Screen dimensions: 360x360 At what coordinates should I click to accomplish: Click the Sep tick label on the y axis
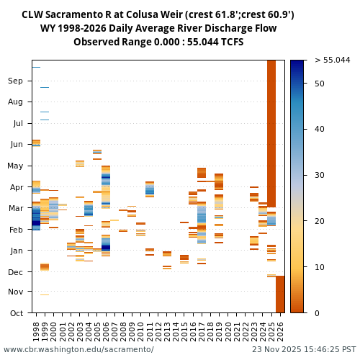click(15, 81)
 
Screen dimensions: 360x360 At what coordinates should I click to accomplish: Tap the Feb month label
click(15, 229)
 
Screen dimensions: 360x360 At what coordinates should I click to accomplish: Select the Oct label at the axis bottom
click(15, 312)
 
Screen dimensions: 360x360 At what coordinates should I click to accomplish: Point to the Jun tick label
click(15, 144)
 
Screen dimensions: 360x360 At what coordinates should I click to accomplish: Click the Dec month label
click(15, 271)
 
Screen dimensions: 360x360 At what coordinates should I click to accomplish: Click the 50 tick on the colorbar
click(320, 84)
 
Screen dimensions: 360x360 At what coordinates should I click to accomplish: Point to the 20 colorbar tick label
click(320, 221)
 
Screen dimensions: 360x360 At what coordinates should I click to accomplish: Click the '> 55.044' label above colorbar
click(332, 60)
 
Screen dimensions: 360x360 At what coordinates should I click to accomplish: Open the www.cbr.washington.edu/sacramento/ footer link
click(78, 350)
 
